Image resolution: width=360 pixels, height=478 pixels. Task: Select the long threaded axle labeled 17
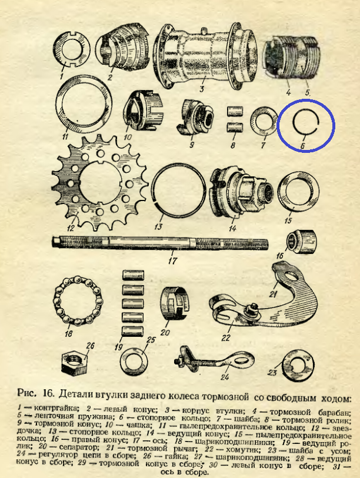[x=161, y=242]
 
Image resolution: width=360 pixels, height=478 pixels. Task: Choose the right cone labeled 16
[x=302, y=242]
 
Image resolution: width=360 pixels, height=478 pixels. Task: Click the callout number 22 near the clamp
[x=226, y=337]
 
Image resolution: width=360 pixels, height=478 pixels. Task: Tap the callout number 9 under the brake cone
[x=192, y=144]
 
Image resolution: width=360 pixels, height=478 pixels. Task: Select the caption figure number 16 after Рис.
[x=48, y=393]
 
